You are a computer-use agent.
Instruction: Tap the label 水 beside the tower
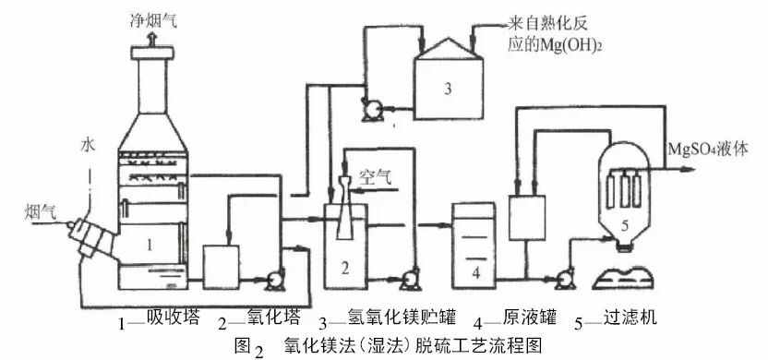click(x=88, y=145)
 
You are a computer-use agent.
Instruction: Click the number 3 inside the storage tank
click(x=446, y=90)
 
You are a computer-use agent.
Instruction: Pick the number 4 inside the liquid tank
click(x=475, y=273)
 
